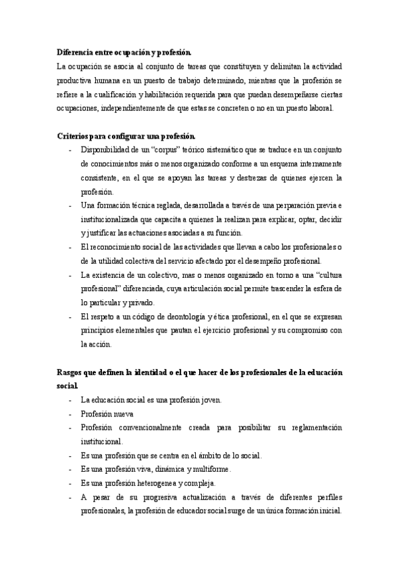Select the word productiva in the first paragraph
coord(75,82)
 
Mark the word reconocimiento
coord(114,247)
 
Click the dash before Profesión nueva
coord(71,414)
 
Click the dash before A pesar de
coord(71,497)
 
